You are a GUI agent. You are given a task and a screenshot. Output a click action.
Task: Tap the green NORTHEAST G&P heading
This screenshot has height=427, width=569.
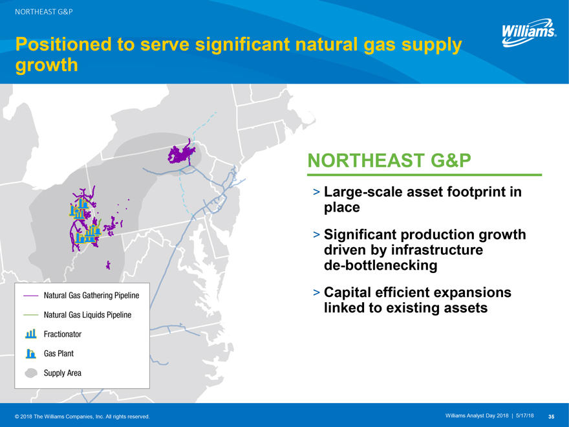tap(389, 160)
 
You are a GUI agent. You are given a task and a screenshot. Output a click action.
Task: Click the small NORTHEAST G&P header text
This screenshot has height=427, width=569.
tap(43, 12)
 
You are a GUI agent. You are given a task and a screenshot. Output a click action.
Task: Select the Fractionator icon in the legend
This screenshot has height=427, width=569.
tap(31, 334)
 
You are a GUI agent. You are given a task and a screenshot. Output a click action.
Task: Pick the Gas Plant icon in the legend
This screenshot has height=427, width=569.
tap(31, 353)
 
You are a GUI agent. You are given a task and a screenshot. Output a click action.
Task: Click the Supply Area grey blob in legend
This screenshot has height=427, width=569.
tap(31, 373)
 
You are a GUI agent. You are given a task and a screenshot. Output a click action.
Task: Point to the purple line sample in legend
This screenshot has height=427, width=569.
tap(30, 296)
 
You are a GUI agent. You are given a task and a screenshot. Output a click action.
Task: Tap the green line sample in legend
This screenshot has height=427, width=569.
tap(30, 315)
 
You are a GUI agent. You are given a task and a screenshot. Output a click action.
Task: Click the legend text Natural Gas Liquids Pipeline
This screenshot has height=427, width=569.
tap(87, 315)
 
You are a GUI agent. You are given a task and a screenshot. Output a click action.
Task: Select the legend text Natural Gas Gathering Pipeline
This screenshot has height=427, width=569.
tap(91, 296)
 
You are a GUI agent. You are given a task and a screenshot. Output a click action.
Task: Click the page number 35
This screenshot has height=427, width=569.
tap(551, 417)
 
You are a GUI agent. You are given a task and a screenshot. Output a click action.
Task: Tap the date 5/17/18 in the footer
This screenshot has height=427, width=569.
tap(525, 416)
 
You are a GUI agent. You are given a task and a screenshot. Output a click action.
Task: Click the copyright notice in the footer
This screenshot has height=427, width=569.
tap(82, 417)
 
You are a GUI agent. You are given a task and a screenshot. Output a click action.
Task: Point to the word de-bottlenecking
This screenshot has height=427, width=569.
tap(381, 265)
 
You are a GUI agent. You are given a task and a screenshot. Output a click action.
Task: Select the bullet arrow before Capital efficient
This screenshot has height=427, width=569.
tap(316, 292)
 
